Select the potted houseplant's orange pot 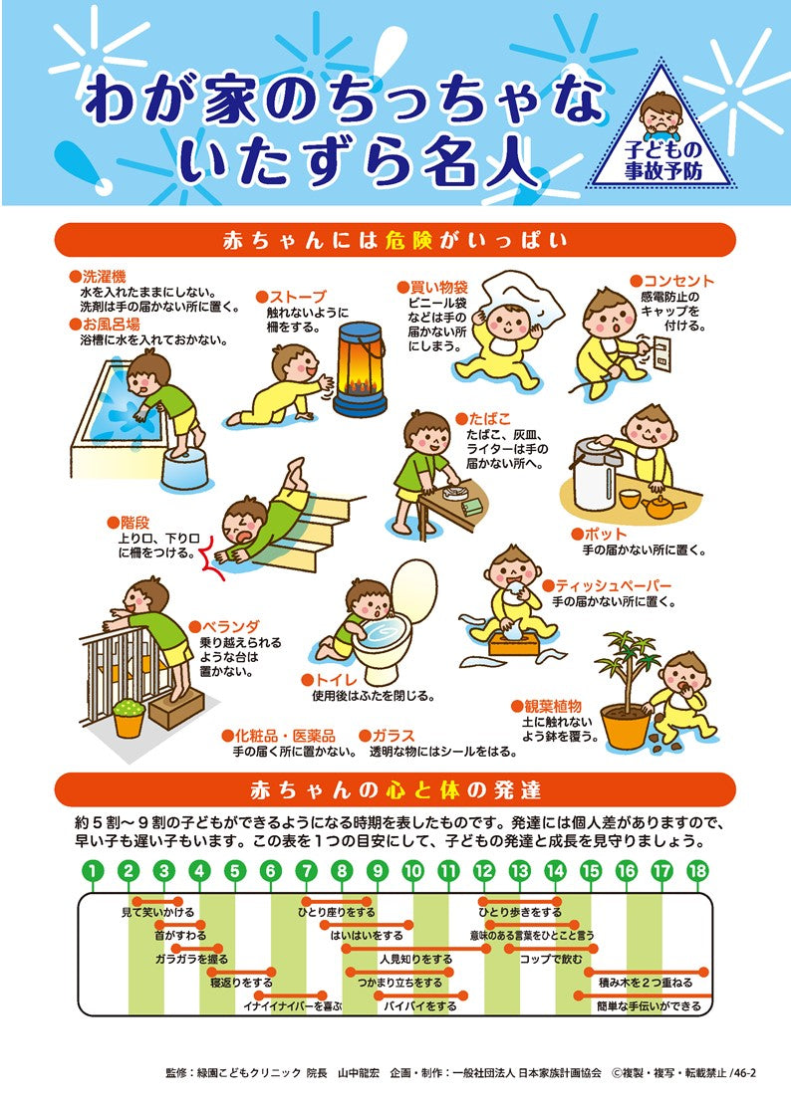pyautogui.click(x=625, y=727)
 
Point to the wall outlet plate pyautogui.click(x=659, y=349)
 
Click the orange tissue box pyautogui.click(x=515, y=640)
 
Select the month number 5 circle pyautogui.click(x=235, y=871)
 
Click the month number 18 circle pyautogui.click(x=698, y=871)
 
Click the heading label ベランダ pyautogui.click(x=231, y=626)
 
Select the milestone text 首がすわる pyautogui.click(x=180, y=935)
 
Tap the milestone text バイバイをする pyautogui.click(x=421, y=1006)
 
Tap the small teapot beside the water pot pyautogui.click(x=659, y=506)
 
